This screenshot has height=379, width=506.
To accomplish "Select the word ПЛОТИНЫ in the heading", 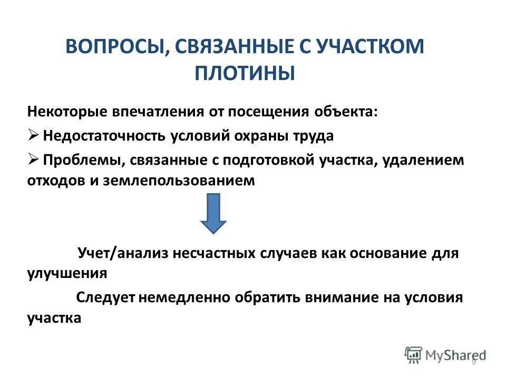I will pos(245,73).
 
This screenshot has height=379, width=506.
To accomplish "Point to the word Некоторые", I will pos(66,112).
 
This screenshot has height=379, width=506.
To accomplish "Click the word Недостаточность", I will pos(103,135).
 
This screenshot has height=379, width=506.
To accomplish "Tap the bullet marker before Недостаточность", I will pos(33,135).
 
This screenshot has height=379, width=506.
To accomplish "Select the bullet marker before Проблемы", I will pos(33,159).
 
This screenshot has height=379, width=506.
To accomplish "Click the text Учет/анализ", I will pos(115,253).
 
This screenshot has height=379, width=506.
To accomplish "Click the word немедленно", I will pos(183,297).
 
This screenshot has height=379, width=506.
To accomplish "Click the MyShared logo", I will pos(445,355).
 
